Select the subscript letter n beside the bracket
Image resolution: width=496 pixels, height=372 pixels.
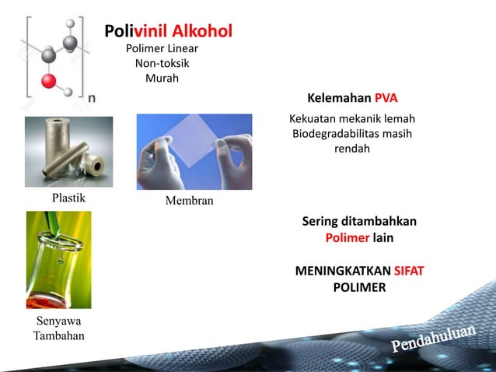pos(92,98)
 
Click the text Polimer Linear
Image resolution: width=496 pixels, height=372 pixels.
pos(162,48)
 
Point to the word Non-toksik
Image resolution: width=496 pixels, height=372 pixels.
pos(162,63)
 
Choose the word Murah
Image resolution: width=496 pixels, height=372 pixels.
pos(162,78)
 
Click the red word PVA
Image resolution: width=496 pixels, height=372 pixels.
pos(386,99)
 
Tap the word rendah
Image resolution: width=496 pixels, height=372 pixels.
pos(351,148)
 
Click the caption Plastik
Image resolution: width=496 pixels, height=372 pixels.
pos(68,198)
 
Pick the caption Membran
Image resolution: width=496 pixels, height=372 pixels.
pos(189,202)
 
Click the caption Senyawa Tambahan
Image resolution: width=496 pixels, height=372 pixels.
pos(58,328)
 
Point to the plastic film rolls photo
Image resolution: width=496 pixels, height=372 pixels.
pos(68,152)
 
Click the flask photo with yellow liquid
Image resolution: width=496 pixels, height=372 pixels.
pos(58,260)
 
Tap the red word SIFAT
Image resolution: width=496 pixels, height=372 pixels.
pos(408,272)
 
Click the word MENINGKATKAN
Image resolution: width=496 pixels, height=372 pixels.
pos(343,272)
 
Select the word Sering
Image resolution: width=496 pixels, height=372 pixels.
pos(320,222)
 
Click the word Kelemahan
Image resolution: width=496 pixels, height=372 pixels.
pos(339,99)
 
